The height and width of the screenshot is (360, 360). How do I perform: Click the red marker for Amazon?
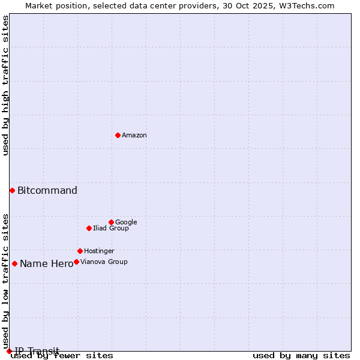tap(118, 135)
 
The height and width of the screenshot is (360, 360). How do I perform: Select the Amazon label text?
tap(134, 136)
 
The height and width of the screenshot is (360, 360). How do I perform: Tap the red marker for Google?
tap(111, 222)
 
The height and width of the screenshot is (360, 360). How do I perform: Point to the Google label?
tap(126, 223)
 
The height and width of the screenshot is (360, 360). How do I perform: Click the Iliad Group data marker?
tap(89, 228)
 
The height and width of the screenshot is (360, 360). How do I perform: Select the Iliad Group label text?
tap(111, 229)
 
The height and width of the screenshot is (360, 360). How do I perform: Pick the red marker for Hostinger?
tap(80, 251)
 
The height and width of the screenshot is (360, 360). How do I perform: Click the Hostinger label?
tap(99, 251)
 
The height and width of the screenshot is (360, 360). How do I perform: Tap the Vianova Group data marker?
tap(76, 262)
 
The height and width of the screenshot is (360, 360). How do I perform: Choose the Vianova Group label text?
tap(104, 262)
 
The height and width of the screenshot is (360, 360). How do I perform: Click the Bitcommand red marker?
tap(12, 190)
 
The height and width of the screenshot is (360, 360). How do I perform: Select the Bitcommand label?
tap(47, 191)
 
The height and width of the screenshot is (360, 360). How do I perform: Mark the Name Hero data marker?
tap(14, 263)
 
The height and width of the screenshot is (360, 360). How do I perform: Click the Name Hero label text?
tap(46, 264)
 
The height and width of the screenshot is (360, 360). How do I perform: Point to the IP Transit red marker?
tap(9, 351)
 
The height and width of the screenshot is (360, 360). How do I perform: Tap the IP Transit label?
tap(37, 351)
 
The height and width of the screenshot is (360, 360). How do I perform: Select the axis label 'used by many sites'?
tap(301, 356)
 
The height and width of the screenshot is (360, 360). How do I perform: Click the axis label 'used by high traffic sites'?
tap(6, 86)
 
